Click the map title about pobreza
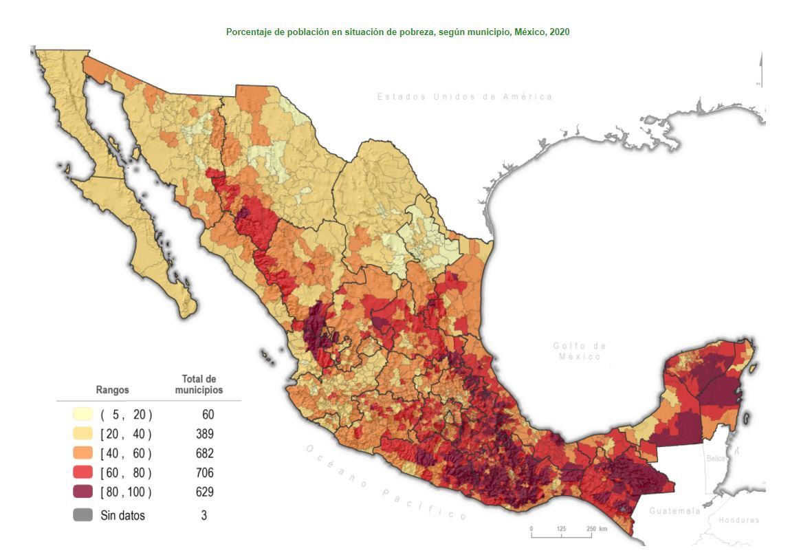coord(397,32)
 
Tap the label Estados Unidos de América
coord(464,97)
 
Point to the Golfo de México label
coord(580,351)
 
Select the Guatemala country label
coord(674,511)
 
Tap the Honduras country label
coord(739,520)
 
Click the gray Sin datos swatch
coord(83,514)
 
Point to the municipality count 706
coord(204,472)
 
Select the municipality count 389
coord(204,434)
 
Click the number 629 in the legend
coord(204,492)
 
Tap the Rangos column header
coord(112,389)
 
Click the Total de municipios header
coord(199,384)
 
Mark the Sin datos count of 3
coord(204,514)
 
